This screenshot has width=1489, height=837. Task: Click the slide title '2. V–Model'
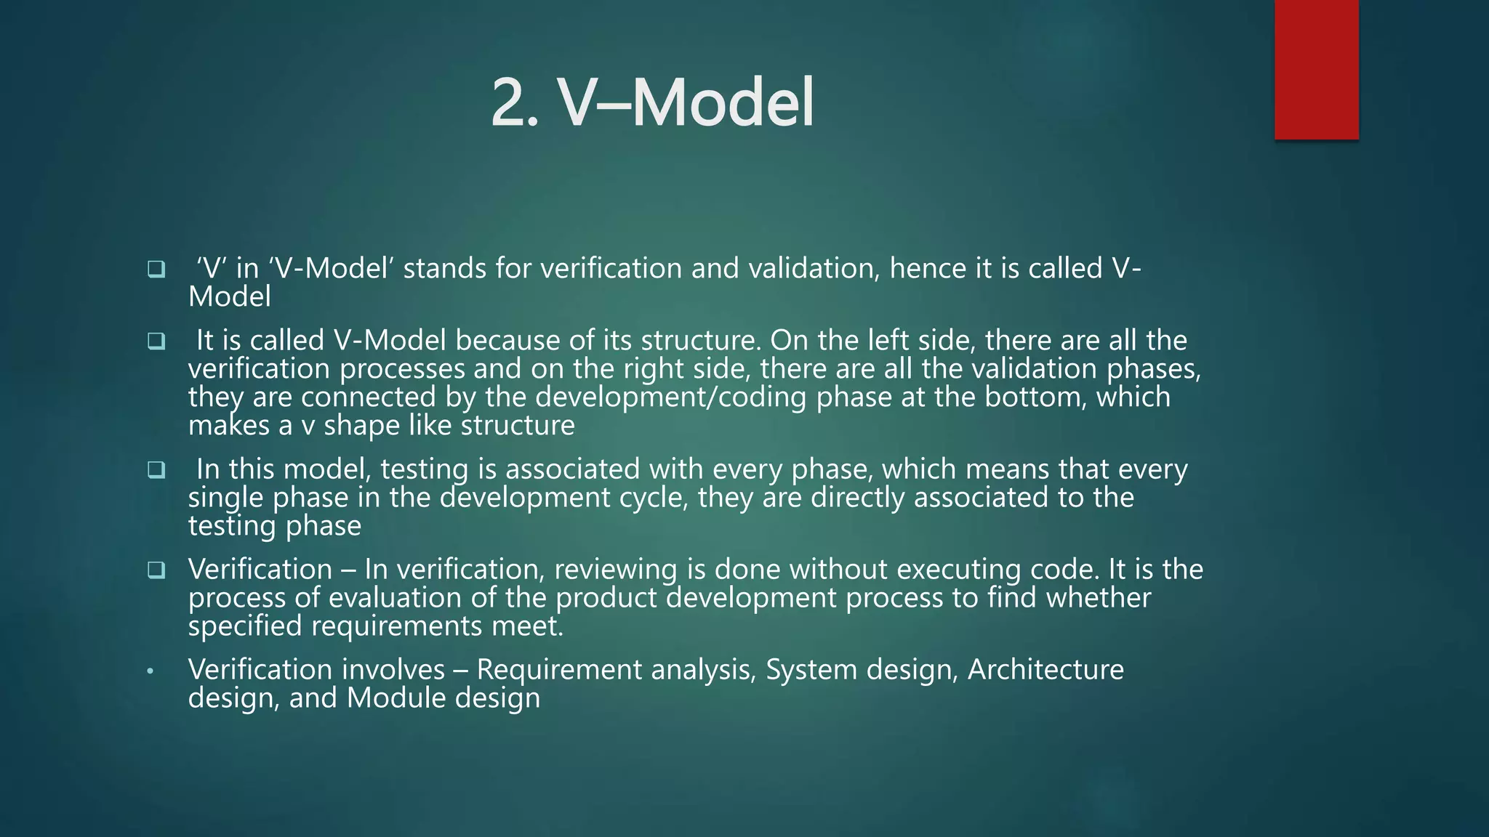[x=652, y=103]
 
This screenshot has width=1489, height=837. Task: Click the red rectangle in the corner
[x=1316, y=70]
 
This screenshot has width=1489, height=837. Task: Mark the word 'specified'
[x=245, y=626]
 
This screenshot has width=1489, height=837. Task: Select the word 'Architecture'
[x=1045, y=669]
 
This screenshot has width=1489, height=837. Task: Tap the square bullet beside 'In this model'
[x=156, y=470]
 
